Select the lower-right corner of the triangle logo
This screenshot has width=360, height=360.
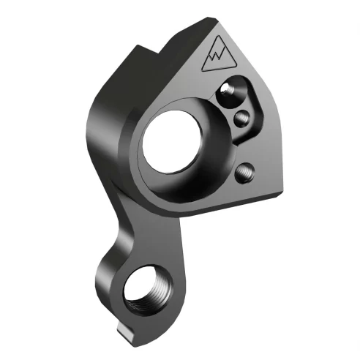point(234,65)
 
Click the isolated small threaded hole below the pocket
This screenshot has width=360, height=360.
point(244,172)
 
